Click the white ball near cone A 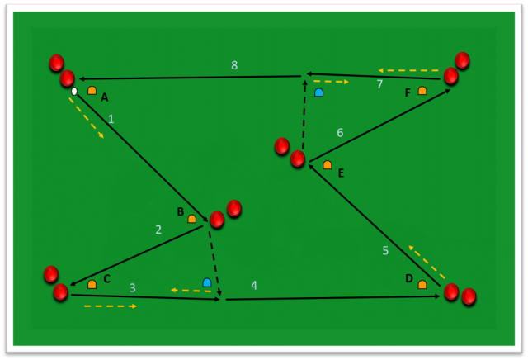(74, 92)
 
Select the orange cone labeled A (92, 90)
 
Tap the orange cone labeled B (192, 219)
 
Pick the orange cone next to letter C (92, 285)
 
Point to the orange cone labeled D (422, 285)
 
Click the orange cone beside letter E (328, 165)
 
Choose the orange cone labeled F (422, 90)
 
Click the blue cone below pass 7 (319, 92)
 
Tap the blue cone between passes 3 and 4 (207, 282)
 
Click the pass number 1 (111, 119)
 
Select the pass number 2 (158, 230)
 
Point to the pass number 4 (254, 286)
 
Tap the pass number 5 (385, 250)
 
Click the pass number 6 (340, 132)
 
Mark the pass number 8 (234, 65)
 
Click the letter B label (181, 211)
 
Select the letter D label (409, 278)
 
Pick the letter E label (341, 173)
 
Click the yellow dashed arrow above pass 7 (408, 70)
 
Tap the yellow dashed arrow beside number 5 (427, 263)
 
